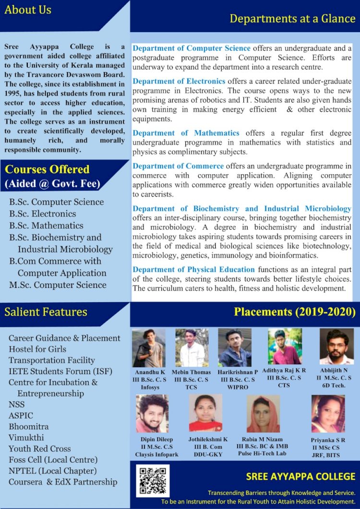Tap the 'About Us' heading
pos(28,10)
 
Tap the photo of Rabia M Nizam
pos(263,414)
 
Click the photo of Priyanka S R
pos(328,414)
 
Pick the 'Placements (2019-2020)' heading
pos(294,312)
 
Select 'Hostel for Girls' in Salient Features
pos(37,349)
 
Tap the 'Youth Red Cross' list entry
pos(39,449)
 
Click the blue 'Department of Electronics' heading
pos(179,81)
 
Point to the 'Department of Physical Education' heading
pos(193,269)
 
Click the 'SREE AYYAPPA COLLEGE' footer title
pos(300,476)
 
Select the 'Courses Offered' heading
pos(47,169)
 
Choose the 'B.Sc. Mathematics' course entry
pos(46,225)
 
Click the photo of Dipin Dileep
pos(152,414)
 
